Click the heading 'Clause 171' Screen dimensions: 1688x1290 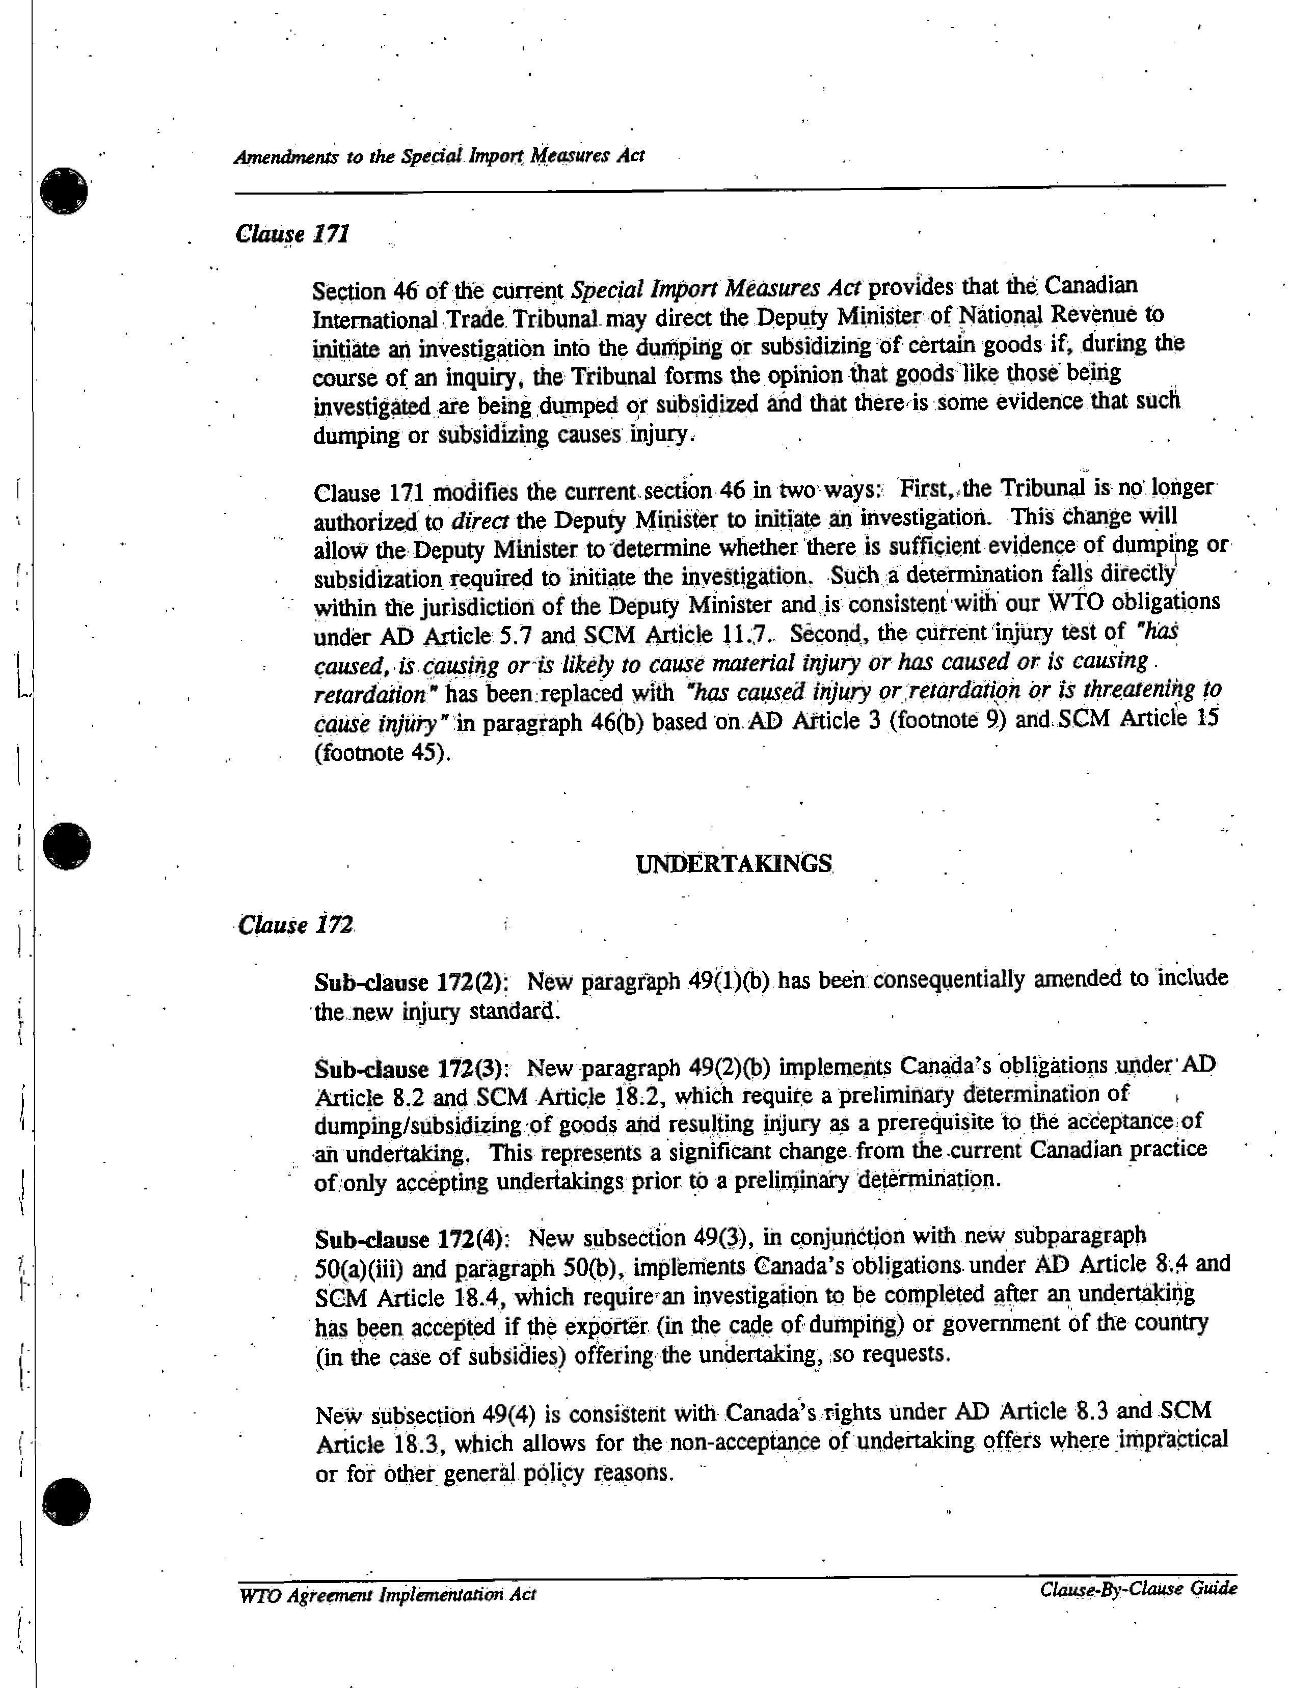(292, 233)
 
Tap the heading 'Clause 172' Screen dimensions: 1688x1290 (295, 925)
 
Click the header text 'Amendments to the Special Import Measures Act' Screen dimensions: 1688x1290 (439, 156)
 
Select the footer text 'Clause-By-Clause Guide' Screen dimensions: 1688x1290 (1138, 1589)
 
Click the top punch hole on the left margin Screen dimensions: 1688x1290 (65, 191)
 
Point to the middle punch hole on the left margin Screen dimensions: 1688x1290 (67, 847)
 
